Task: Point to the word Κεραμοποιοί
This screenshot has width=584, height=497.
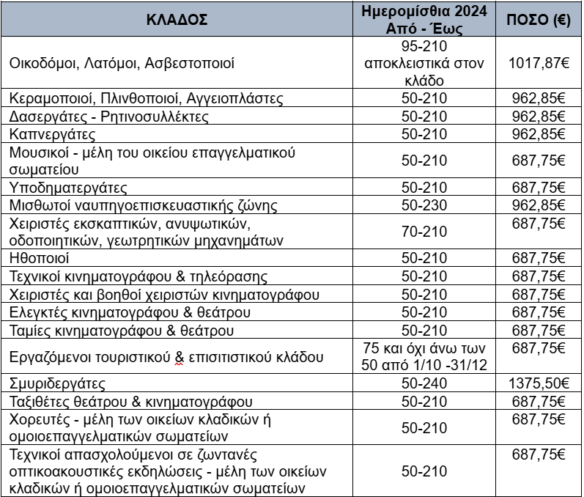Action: (x=46, y=98)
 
